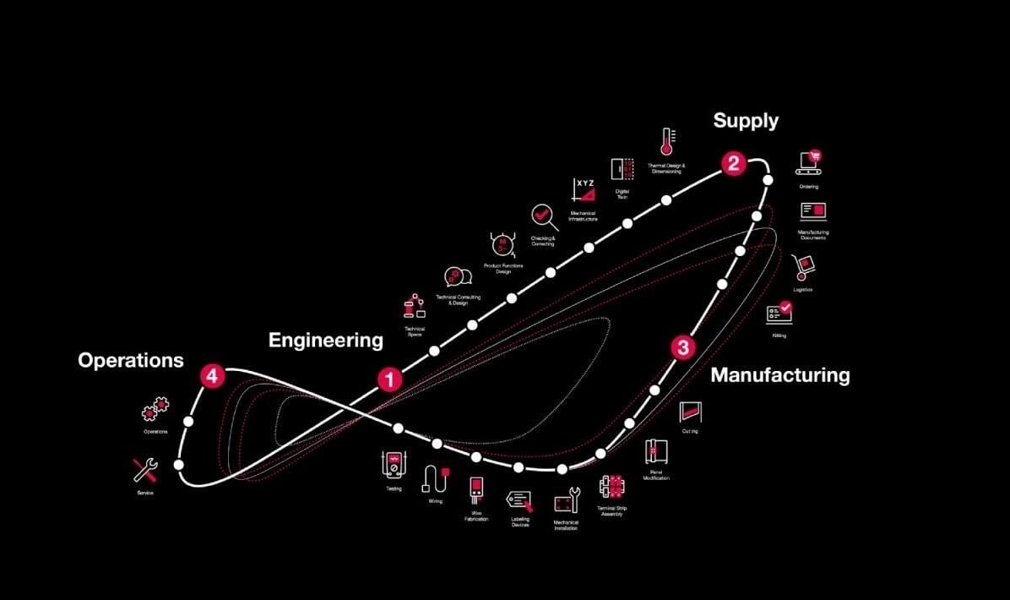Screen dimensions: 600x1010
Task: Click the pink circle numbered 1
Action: point(389,379)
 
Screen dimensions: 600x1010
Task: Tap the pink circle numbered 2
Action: point(733,163)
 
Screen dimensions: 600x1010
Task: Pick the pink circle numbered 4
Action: point(212,376)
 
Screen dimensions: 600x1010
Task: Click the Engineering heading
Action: point(325,341)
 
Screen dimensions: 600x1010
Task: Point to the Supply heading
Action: point(746,121)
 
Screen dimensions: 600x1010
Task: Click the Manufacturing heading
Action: point(779,374)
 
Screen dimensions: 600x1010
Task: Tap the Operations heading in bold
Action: point(130,360)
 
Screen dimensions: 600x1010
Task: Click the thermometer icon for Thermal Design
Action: point(666,142)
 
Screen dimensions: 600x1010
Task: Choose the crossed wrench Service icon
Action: point(144,470)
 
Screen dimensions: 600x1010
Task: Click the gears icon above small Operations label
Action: point(154,412)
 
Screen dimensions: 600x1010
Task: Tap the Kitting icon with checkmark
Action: point(779,313)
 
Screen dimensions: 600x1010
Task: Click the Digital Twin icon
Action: point(622,169)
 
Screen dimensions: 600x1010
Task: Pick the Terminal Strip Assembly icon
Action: point(611,487)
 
